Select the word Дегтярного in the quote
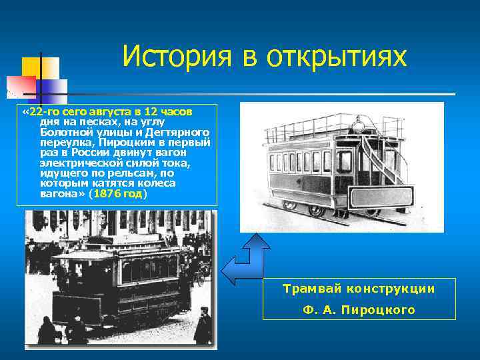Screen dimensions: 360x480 tap(177, 133)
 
